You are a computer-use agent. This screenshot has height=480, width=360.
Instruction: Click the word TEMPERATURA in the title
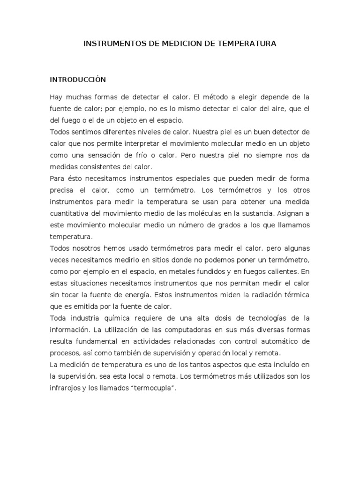(250, 44)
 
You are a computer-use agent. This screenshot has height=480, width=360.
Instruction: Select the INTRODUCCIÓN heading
(78, 80)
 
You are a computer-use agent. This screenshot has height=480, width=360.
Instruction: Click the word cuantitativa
(73, 213)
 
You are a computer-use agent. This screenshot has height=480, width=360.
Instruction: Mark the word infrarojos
(66, 388)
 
